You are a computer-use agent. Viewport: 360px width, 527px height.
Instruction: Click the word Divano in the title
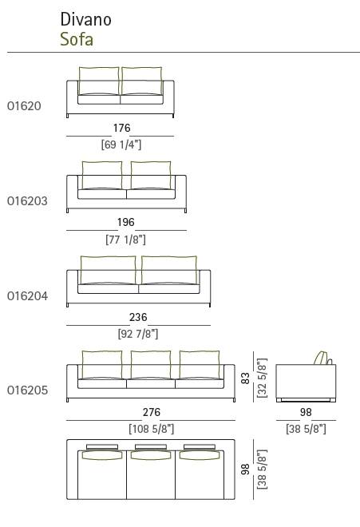(85, 19)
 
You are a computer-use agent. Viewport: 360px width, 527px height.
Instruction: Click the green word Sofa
(77, 39)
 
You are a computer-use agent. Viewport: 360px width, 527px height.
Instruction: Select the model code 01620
(24, 106)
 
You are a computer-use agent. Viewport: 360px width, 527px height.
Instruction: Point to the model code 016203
(27, 201)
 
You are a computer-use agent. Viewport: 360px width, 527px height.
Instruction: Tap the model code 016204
(27, 296)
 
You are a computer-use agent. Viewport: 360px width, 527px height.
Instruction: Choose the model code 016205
(27, 390)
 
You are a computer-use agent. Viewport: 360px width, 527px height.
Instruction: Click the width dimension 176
(121, 128)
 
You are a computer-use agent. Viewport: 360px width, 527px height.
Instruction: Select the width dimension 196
(125, 222)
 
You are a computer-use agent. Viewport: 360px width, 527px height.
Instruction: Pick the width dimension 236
(138, 317)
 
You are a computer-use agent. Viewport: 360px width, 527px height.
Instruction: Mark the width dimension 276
(151, 412)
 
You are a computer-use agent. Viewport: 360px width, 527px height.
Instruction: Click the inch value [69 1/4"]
(121, 145)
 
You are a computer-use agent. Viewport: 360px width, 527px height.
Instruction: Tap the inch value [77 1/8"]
(125, 240)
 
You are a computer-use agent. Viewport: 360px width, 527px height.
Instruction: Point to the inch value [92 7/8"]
(138, 334)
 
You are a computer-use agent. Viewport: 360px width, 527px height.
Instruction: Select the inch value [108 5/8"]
(151, 429)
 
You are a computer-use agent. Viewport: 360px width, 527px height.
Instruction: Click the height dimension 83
(246, 378)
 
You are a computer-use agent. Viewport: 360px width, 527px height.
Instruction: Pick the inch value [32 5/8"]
(262, 378)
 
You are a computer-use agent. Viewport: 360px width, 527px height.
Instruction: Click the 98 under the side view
(306, 412)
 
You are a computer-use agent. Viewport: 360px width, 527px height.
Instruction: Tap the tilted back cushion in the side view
(321, 359)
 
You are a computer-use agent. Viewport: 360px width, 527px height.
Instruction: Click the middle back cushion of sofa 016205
(151, 366)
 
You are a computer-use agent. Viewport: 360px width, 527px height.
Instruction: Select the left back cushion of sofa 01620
(99, 81)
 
